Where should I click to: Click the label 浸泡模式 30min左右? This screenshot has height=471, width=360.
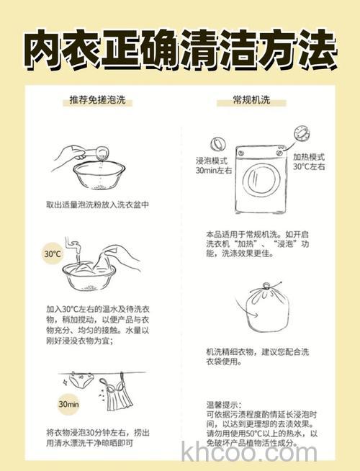[214, 166]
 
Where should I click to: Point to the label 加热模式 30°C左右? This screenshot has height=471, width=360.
[308, 161]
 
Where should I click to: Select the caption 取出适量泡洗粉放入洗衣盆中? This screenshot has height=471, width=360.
[97, 205]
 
